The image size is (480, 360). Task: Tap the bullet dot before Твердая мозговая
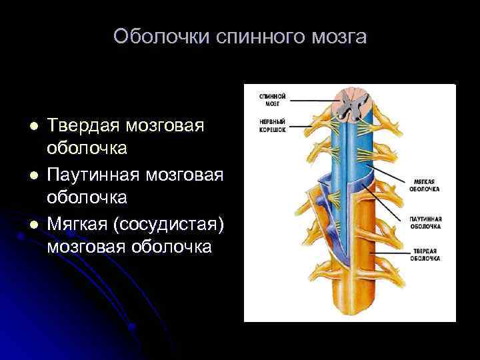[31, 127]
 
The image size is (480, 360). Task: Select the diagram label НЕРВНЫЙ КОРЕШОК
[273, 126]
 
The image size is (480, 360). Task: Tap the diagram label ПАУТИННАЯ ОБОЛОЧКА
[426, 223]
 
